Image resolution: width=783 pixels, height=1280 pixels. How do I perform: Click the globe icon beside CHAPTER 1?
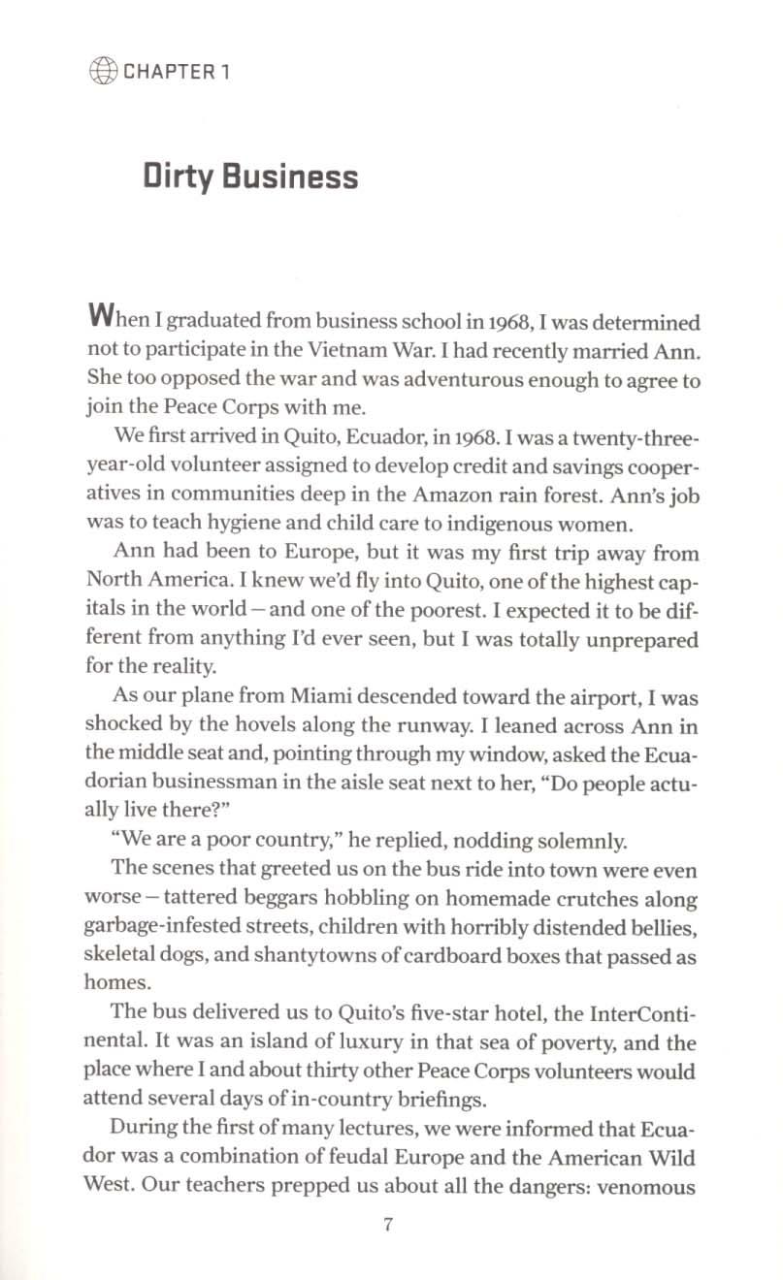click(103, 71)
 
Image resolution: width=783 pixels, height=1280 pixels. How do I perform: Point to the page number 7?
click(387, 1224)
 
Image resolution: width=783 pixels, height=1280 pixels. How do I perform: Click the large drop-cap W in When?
click(102, 316)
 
